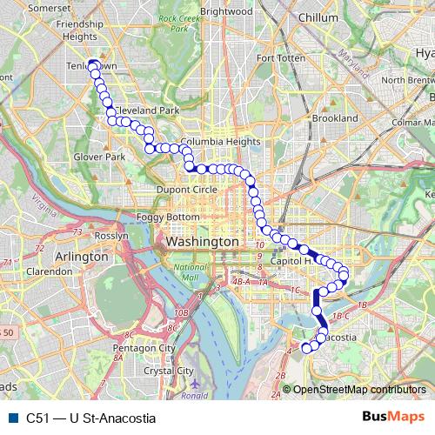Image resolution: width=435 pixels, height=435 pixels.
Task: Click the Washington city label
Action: click(201, 240)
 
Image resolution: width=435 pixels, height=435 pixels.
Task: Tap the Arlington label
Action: click(81, 257)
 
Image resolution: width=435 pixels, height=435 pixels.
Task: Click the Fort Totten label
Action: click(278, 58)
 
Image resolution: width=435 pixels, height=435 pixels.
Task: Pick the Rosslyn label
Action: click(111, 235)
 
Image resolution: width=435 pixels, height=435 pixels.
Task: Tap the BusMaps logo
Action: click(394, 416)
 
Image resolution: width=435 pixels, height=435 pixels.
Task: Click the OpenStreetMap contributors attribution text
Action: click(359, 389)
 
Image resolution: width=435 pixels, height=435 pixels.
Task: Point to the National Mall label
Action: click(187, 272)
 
